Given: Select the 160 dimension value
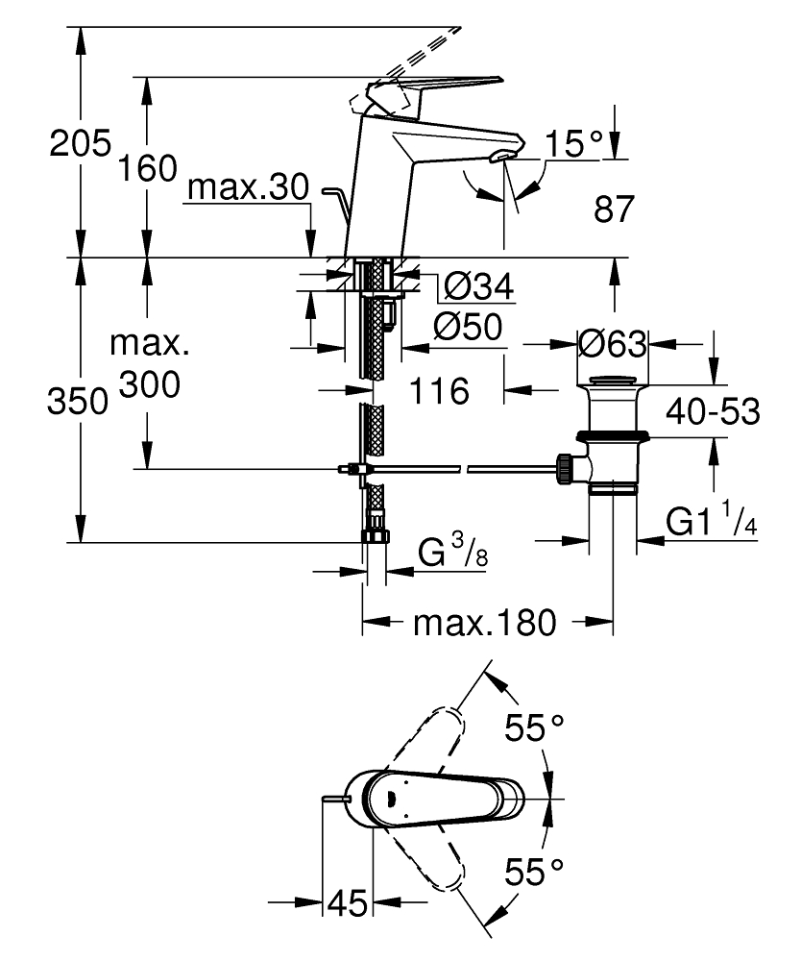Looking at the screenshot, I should [x=148, y=169].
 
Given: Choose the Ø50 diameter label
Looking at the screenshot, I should [x=468, y=328].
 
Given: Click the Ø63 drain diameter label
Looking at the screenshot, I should [x=612, y=341].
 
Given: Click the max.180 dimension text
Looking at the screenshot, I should [x=484, y=624].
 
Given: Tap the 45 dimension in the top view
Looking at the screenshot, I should [x=347, y=903].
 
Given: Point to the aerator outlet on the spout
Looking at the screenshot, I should [x=501, y=157].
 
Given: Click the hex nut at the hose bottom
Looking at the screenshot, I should [x=376, y=535].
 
